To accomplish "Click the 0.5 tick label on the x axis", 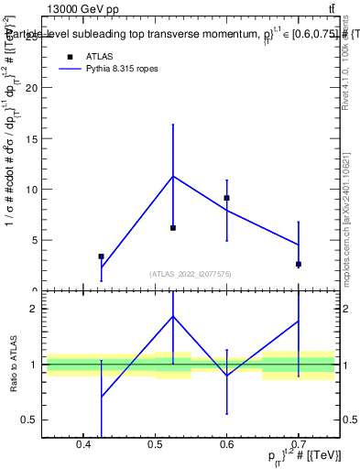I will (x=155, y=446).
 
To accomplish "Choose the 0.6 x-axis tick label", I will (x=226, y=446).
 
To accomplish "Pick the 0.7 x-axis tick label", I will (x=299, y=446).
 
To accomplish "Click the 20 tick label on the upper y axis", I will (x=34, y=88).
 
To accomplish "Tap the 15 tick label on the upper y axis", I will (x=34, y=139).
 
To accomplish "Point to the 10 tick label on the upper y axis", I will (x=34, y=190).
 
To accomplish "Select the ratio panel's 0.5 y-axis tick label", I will (x=32, y=420).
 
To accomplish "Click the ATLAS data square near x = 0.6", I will (x=226, y=198).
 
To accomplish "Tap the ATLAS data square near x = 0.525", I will (x=173, y=227).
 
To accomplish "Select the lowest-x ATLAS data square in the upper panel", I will (x=101, y=256).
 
